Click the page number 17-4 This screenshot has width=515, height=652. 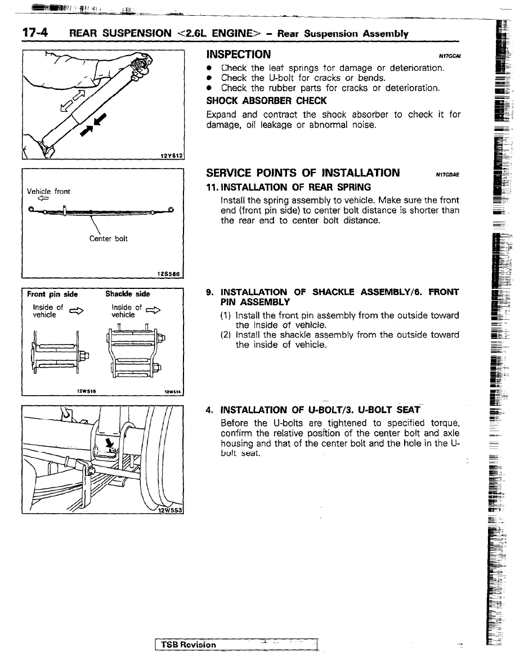coord(34,33)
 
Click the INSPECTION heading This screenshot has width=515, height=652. coord(238,55)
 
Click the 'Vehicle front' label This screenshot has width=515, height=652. coord(49,191)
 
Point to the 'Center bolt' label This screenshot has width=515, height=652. coord(109,238)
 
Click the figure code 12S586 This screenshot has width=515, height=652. coord(173,275)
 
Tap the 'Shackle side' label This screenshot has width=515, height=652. coord(128,294)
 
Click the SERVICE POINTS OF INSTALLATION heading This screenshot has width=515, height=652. coord(303,173)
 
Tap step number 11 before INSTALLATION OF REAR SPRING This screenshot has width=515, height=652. coord(212,187)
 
